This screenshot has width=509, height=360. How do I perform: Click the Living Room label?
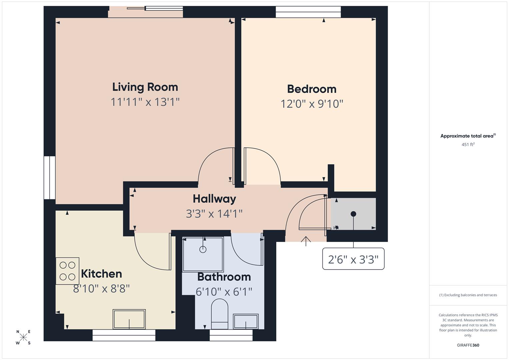click(x=145, y=87)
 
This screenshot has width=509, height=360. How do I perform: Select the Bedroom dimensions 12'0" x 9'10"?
click(x=312, y=104)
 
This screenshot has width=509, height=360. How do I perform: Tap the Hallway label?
click(x=214, y=199)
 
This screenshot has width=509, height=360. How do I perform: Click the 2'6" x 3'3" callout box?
click(x=353, y=259)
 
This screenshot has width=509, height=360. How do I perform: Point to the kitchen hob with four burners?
click(x=67, y=271)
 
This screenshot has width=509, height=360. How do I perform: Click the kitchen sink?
click(x=129, y=319)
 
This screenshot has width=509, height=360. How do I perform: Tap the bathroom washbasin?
click(x=246, y=322)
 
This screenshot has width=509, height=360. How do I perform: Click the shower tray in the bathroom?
click(x=203, y=254)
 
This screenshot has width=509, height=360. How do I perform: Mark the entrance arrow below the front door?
click(x=306, y=241)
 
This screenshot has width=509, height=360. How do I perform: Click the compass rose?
click(x=23, y=337)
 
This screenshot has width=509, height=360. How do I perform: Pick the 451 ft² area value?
click(x=468, y=144)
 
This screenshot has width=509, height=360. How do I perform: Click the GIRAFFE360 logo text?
click(x=468, y=345)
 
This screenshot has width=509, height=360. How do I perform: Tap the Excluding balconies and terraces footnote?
click(x=468, y=295)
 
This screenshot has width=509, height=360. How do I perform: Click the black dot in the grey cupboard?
click(x=353, y=214)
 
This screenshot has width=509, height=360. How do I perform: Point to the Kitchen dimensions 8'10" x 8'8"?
click(x=101, y=288)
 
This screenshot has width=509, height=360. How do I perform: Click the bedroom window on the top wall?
click(x=308, y=12)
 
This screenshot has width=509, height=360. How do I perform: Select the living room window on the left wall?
click(x=50, y=178)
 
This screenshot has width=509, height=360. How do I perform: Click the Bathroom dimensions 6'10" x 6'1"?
click(x=224, y=292)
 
